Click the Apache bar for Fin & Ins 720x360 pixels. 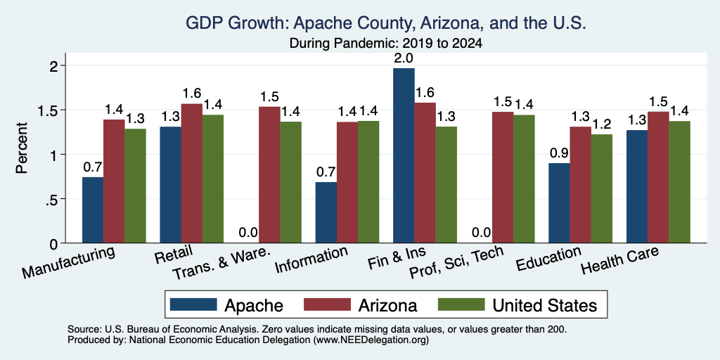(x=404, y=155)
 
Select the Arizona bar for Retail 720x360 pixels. (x=191, y=174)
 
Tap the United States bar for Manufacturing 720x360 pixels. (x=135, y=186)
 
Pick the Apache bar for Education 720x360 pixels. (x=559, y=203)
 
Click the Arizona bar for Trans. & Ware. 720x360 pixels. (x=269, y=175)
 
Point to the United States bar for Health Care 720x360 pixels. (x=680, y=182)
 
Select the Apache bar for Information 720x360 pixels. (x=326, y=212)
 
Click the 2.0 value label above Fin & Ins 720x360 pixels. (x=404, y=58)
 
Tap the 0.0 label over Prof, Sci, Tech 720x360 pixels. (x=482, y=233)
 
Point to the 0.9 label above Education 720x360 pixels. (x=559, y=153)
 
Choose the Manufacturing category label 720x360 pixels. (x=68, y=263)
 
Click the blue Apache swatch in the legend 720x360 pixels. (x=193, y=304)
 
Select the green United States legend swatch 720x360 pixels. (x=461, y=304)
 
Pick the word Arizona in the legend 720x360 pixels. (x=387, y=305)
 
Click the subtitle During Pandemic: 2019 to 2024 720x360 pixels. (x=386, y=44)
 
